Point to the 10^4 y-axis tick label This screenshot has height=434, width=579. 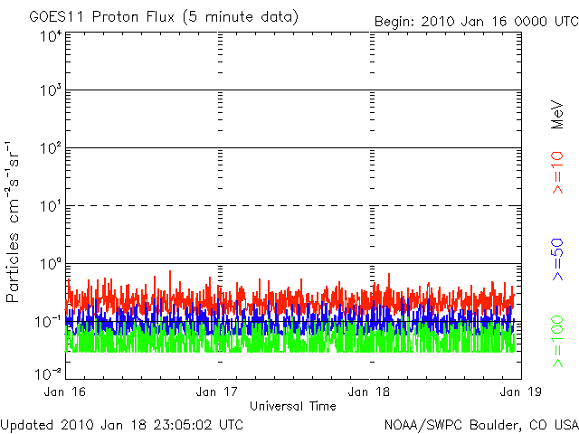click(x=50, y=36)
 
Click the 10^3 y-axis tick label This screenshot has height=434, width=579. click(x=50, y=91)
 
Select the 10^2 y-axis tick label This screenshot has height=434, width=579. click(x=50, y=149)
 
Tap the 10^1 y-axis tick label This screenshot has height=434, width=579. click(x=50, y=207)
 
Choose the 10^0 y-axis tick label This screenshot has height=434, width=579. click(x=50, y=265)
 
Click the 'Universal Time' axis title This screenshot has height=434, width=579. click(x=293, y=406)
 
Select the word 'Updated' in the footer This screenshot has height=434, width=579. click(x=27, y=423)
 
